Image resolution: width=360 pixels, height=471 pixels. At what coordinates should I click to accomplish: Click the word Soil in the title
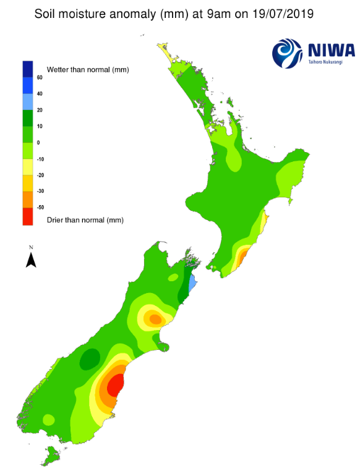pyautogui.click(x=47, y=13)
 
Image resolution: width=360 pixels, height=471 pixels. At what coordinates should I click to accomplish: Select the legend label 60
pyautogui.click(x=40, y=78)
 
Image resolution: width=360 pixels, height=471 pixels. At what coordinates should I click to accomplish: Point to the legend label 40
pyautogui.click(x=40, y=94)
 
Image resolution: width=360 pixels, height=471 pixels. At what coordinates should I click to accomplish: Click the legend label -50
pyautogui.click(x=40, y=208)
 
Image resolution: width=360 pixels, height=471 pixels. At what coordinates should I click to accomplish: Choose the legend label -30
pyautogui.click(x=40, y=192)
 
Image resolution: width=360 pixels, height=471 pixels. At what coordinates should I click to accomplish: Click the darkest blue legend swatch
pyautogui.click(x=28, y=68)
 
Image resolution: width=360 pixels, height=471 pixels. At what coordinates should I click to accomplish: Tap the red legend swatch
pyautogui.click(x=28, y=216)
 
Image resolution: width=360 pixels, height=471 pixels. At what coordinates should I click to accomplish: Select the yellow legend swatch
pyautogui.click(x=28, y=167)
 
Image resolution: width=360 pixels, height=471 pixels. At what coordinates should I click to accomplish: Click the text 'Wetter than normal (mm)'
pyautogui.click(x=87, y=69)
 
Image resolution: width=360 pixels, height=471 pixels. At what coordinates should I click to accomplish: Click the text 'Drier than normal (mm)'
pyautogui.click(x=85, y=219)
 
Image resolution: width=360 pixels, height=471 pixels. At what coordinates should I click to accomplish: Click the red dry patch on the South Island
pyautogui.click(x=114, y=386)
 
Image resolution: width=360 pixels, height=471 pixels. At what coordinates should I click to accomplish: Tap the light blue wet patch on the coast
pyautogui.click(x=192, y=284)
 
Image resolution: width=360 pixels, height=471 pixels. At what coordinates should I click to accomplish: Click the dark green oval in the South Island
pyautogui.click(x=90, y=357)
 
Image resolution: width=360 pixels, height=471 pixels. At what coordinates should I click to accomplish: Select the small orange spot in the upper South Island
pyautogui.click(x=155, y=319)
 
